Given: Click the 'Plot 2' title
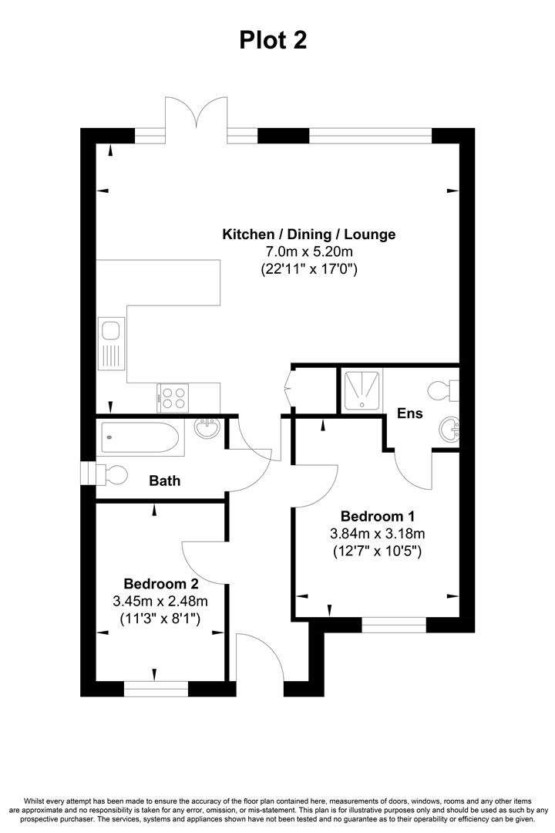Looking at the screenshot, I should pyautogui.click(x=273, y=39).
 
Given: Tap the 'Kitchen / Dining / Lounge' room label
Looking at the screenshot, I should pyautogui.click(x=308, y=234).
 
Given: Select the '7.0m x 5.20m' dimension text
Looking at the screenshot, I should pyautogui.click(x=308, y=251).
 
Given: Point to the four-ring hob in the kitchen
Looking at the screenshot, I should pyautogui.click(x=173, y=397).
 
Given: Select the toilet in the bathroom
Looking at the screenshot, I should pyautogui.click(x=109, y=474).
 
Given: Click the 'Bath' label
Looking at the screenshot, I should pyautogui.click(x=164, y=481).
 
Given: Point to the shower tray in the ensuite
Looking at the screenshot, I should pyautogui.click(x=362, y=390).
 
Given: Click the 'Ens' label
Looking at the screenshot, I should pyautogui.click(x=410, y=413).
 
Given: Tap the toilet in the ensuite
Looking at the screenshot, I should pyautogui.click(x=446, y=389).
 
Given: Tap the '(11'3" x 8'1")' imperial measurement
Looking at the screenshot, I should pyautogui.click(x=160, y=619).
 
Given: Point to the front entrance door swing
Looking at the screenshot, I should pyautogui.click(x=257, y=662).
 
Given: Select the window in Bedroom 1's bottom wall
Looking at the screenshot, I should pyautogui.click(x=394, y=625).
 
